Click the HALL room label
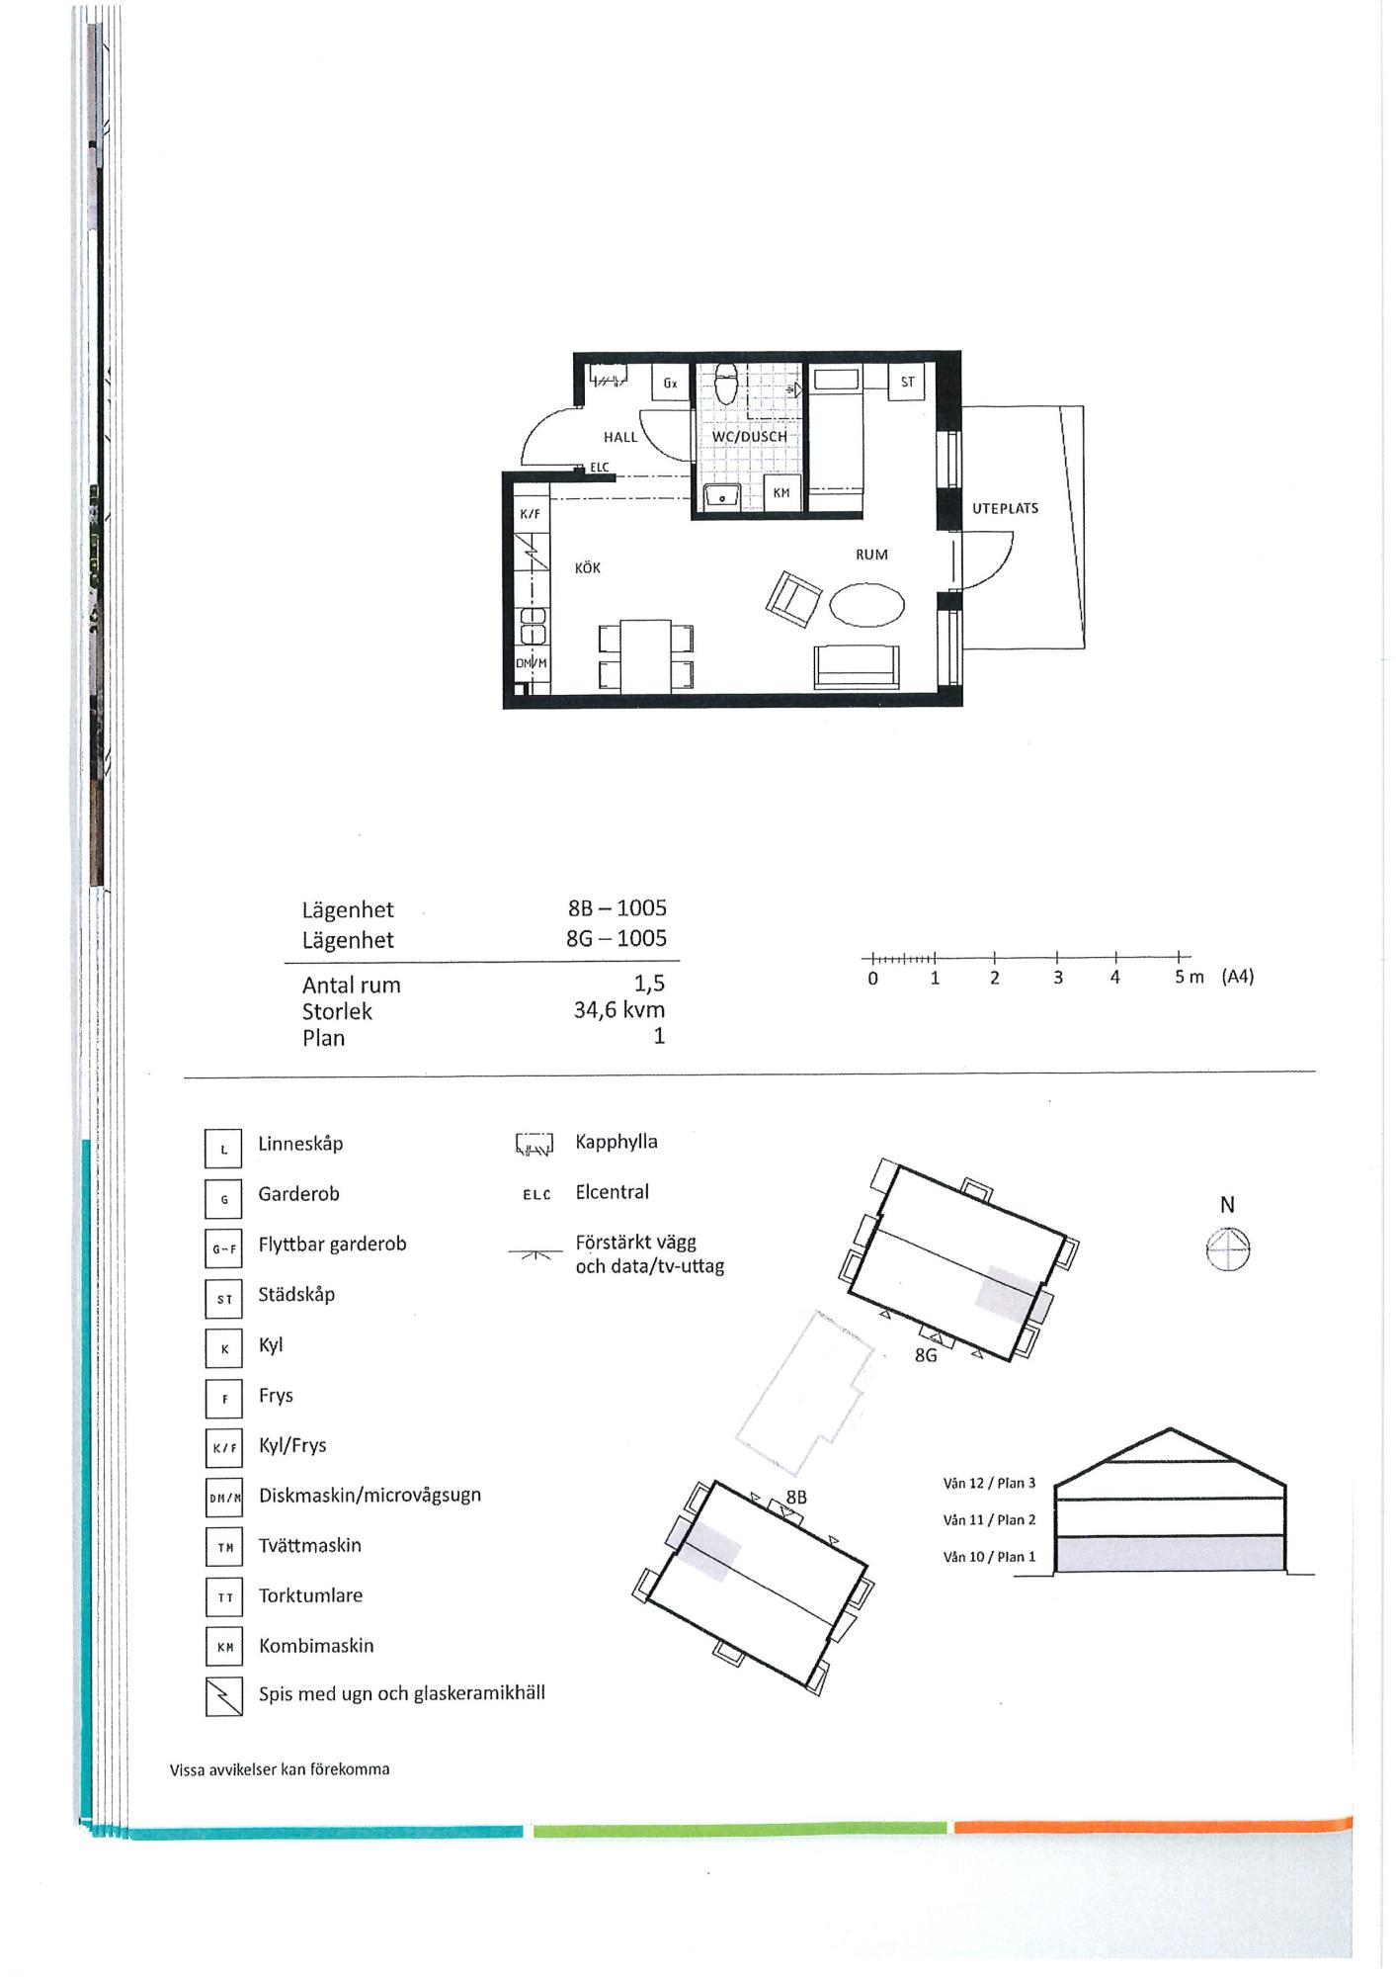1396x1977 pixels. (620, 437)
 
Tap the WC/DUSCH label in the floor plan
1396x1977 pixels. (750, 436)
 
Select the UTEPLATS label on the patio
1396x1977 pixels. (1005, 508)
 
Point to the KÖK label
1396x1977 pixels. (588, 568)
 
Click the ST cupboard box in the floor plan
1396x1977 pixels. (907, 382)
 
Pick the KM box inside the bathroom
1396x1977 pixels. (781, 492)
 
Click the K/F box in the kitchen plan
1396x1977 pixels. (531, 514)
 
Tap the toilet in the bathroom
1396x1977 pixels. (727, 385)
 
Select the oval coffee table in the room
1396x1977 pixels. (866, 604)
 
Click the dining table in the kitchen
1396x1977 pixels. (645, 655)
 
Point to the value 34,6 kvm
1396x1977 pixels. (619, 1010)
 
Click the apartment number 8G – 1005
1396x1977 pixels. (616, 938)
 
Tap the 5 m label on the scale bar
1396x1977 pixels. (1189, 978)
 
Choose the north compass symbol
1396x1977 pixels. (1228, 1249)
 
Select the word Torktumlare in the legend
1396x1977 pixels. (310, 1595)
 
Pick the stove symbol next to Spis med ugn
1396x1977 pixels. (224, 1698)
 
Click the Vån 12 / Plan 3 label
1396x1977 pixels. (989, 1483)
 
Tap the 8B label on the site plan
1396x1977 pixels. (796, 1498)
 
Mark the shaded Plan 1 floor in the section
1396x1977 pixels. (1171, 1555)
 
